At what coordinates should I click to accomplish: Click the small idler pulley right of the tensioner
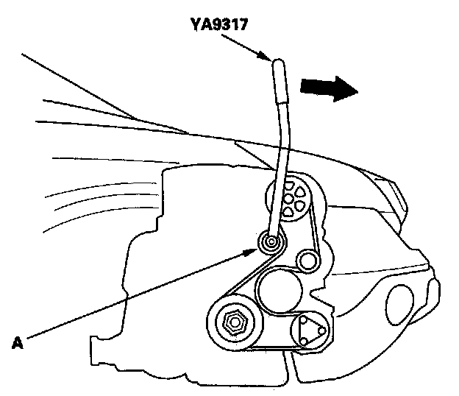307,259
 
